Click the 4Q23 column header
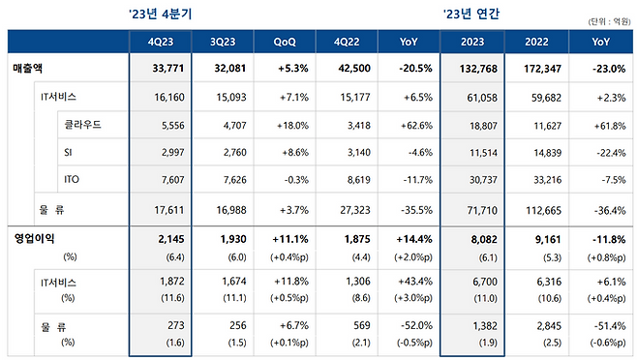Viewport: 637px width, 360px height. (x=161, y=42)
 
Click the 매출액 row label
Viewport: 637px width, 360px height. (x=30, y=70)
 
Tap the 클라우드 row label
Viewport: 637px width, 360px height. (x=84, y=126)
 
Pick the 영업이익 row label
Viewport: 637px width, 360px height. (x=35, y=238)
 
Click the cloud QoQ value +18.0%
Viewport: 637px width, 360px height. (x=289, y=126)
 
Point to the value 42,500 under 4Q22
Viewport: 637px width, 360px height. (x=352, y=70)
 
